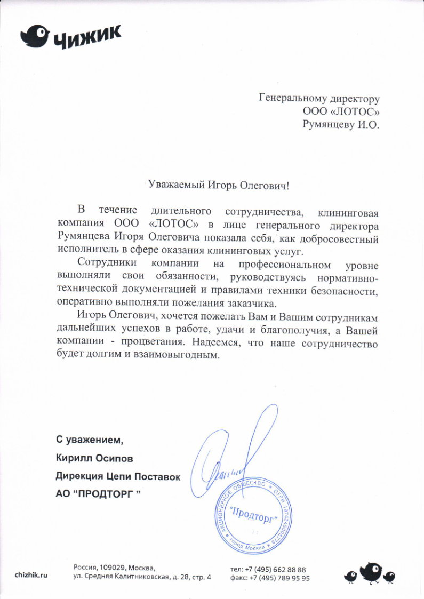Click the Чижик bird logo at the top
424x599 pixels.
click(x=35, y=36)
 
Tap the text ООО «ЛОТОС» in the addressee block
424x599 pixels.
click(x=341, y=111)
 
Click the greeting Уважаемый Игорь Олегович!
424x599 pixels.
click(x=220, y=186)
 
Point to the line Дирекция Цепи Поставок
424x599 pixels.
click(x=118, y=476)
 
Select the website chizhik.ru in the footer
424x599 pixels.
click(x=31, y=574)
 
